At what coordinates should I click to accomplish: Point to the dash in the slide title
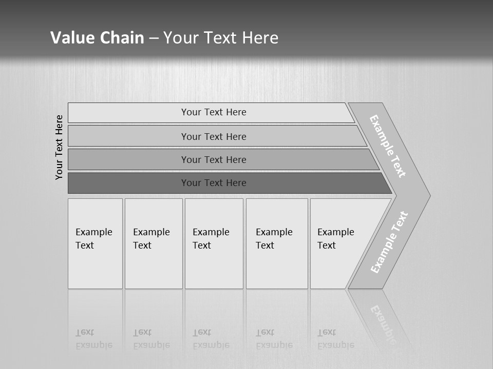154,38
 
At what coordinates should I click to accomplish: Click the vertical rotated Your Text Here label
59,147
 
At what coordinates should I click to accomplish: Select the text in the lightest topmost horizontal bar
214,112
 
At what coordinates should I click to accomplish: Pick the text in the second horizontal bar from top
214,137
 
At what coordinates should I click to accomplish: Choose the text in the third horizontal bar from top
214,160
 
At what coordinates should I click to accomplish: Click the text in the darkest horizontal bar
214,183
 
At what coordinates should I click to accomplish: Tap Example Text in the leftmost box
93,239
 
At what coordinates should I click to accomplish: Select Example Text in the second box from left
151,239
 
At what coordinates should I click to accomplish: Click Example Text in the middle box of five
211,239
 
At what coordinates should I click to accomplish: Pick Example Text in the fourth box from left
274,239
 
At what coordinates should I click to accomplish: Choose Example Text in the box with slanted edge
335,239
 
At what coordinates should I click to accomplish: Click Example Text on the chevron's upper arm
388,146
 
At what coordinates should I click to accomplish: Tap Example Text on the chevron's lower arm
389,242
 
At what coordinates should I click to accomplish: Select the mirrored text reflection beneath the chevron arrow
383,323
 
